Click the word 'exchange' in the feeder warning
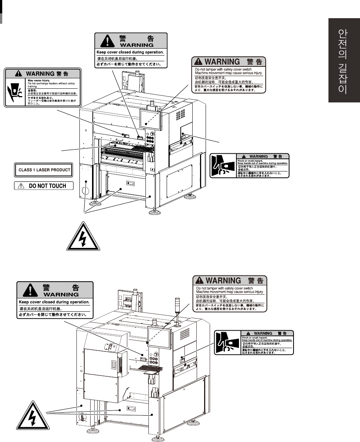tap(42, 83)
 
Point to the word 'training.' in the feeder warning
tap(32, 86)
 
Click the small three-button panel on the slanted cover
tap(111, 346)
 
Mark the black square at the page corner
tap(1, 11)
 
